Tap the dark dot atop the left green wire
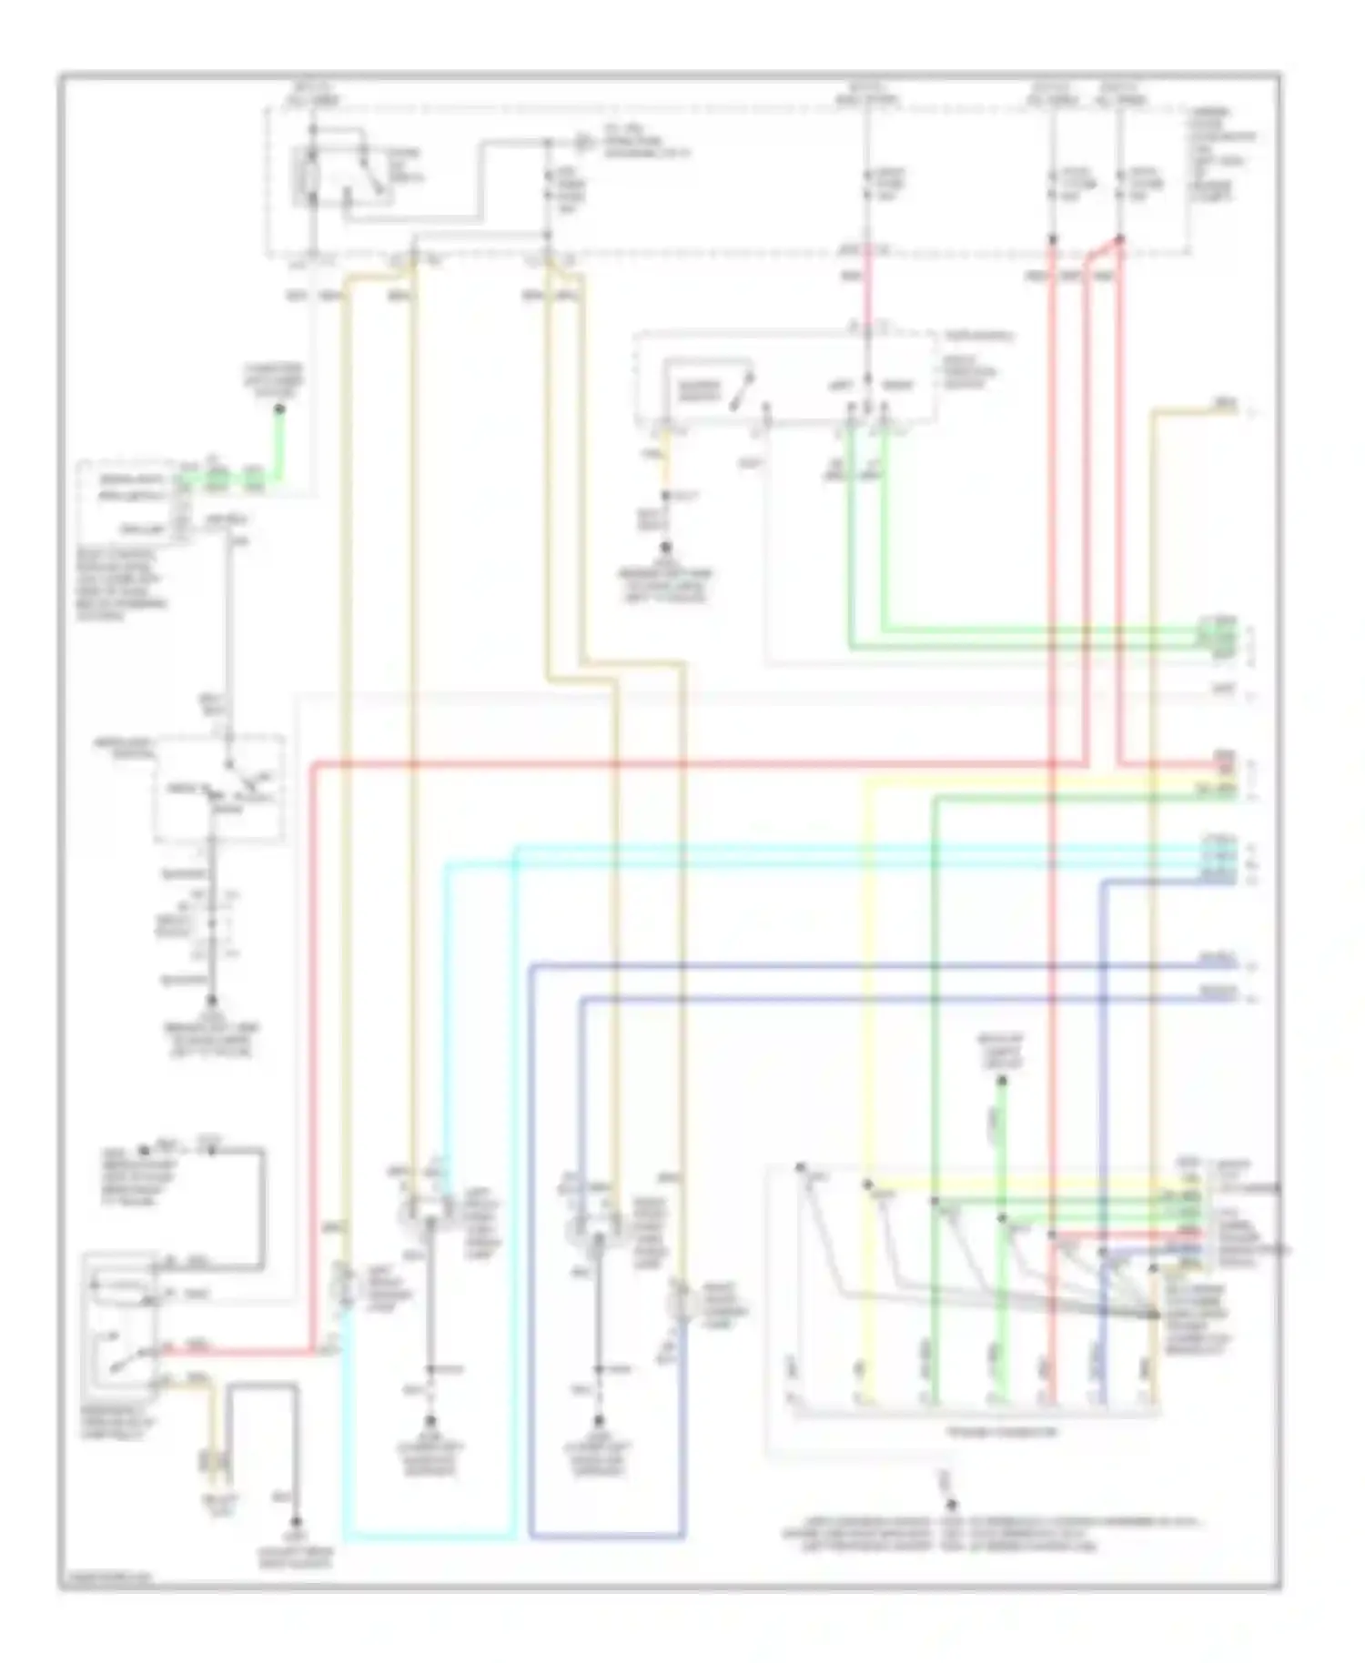coord(279,409)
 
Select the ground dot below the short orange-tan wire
coord(666,549)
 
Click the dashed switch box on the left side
coord(218,788)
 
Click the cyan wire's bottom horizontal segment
coord(428,1538)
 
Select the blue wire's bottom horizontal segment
coord(605,1537)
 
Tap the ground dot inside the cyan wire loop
coord(430,1422)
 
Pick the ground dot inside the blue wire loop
coord(598,1422)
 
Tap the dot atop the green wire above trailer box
coord(1002,1081)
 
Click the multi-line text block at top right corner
coord(1225,155)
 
